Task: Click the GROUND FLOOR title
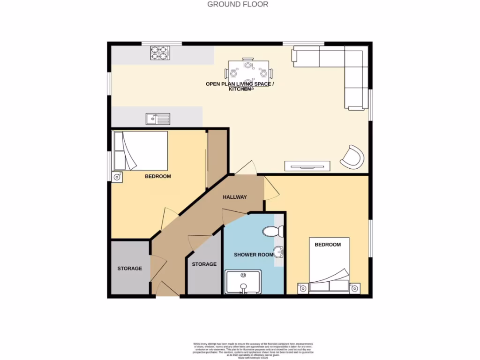[x=238, y=4]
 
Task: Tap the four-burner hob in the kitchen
[x=159, y=52]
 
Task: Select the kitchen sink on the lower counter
[x=157, y=119]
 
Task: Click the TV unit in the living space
[x=307, y=165]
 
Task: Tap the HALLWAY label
[x=234, y=197]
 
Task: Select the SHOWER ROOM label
[x=254, y=255]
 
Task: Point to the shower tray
[x=243, y=282]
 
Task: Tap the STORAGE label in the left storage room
[x=129, y=269]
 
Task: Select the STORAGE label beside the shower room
[x=204, y=264]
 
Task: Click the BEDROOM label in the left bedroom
[x=157, y=177]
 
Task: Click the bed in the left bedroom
[x=141, y=150]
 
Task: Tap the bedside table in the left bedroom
[x=117, y=177]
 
